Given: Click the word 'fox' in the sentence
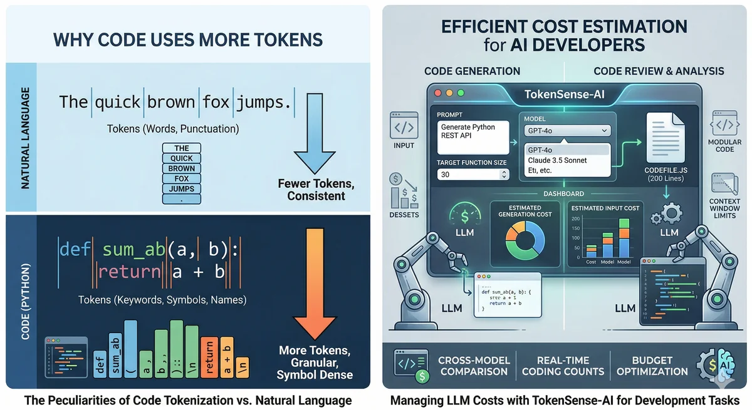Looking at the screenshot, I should tap(216, 101).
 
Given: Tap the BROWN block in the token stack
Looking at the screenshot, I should tap(182, 168).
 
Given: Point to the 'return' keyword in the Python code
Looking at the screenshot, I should tap(130, 272).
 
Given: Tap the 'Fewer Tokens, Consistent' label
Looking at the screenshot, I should tap(316, 190).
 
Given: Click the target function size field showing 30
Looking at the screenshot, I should tap(473, 175).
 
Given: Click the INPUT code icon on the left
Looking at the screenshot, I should tap(404, 127).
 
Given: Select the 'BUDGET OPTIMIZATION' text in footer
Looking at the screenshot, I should tap(652, 366).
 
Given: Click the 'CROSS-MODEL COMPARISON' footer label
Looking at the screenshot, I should tap(474, 366).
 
